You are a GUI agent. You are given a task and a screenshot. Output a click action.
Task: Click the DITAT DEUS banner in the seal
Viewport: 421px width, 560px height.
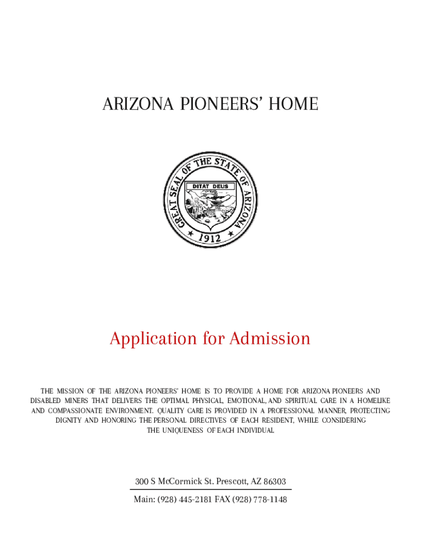(210, 186)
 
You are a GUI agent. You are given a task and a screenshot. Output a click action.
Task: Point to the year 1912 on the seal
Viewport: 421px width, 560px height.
(209, 238)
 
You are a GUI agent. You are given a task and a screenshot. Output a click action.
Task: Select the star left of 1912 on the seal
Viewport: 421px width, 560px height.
(191, 234)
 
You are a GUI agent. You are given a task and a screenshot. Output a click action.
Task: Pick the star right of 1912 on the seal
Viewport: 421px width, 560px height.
(228, 234)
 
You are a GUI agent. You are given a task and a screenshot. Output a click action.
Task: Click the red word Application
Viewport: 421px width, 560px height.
(153, 339)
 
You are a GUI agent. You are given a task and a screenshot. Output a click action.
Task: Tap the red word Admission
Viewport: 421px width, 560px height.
(270, 339)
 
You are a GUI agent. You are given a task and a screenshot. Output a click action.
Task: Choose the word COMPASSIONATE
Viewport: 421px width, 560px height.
(83, 411)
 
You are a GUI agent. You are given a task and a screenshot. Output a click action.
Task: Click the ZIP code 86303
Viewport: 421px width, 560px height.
(275, 482)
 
